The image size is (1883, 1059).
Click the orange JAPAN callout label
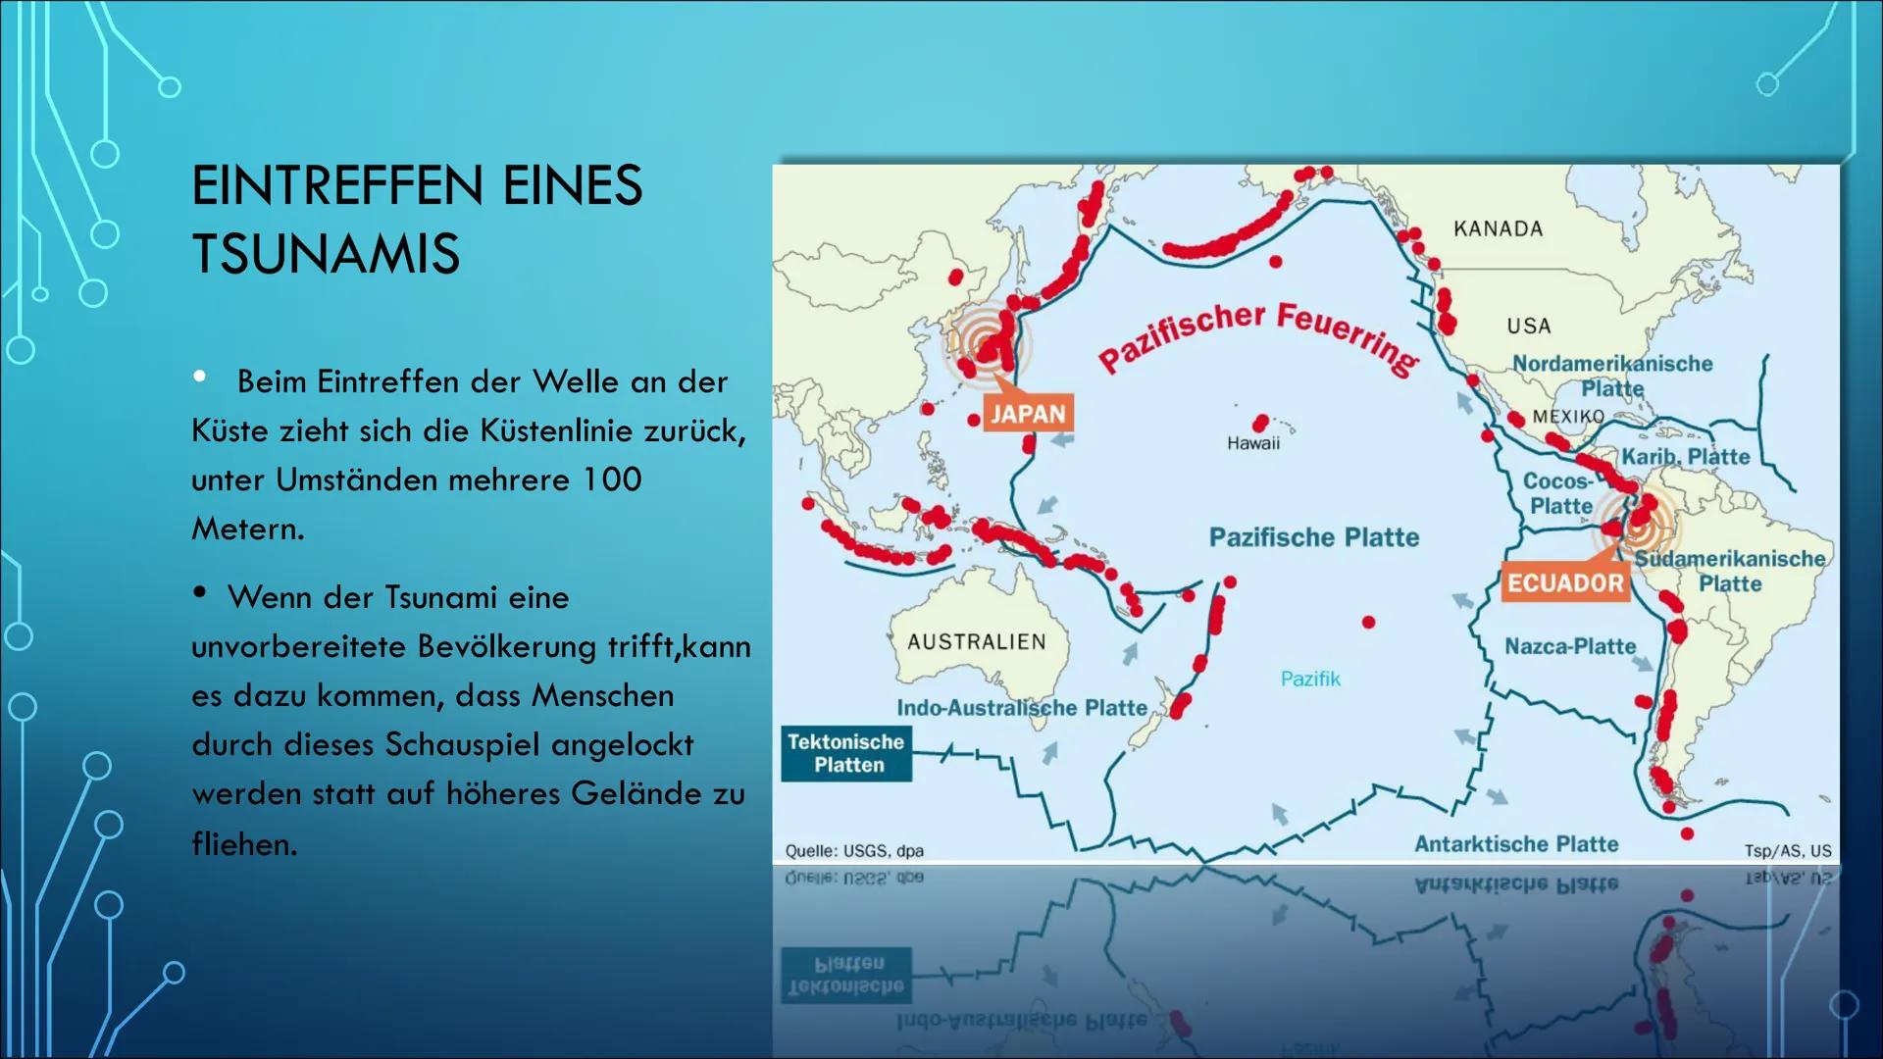(x=1028, y=414)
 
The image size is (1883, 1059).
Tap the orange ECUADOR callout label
(x=1565, y=583)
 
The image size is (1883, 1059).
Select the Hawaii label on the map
(x=1253, y=443)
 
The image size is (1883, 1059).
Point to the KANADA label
(x=1498, y=228)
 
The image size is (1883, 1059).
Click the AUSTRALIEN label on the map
(x=977, y=641)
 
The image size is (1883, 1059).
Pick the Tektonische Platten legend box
(x=846, y=753)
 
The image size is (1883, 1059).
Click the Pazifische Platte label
(x=1314, y=537)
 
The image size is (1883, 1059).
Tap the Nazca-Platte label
(x=1570, y=646)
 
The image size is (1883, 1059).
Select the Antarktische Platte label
(x=1516, y=844)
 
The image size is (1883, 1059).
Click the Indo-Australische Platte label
(x=1022, y=708)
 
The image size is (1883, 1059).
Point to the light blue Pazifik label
(x=1310, y=679)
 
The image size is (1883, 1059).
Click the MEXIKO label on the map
(x=1568, y=417)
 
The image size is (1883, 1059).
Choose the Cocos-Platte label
(x=1559, y=493)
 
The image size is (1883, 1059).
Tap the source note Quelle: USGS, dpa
(x=854, y=851)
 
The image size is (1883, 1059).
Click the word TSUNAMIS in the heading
(x=326, y=254)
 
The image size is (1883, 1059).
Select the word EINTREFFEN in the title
(x=337, y=185)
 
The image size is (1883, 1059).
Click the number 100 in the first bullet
(x=612, y=479)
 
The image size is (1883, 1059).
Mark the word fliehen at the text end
(x=243, y=843)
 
